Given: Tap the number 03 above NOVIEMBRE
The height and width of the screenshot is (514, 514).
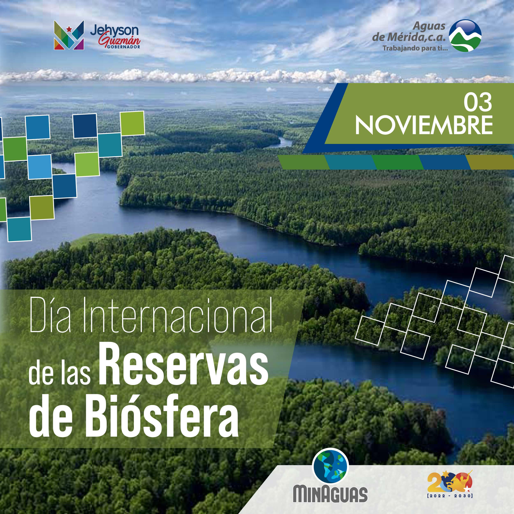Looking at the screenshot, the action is click(478, 103).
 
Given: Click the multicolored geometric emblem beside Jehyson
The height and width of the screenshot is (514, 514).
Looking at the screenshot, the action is click(69, 35).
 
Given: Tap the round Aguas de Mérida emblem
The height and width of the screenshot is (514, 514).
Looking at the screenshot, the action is click(465, 36).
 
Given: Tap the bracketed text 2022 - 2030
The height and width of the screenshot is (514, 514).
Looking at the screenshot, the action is click(450, 496).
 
